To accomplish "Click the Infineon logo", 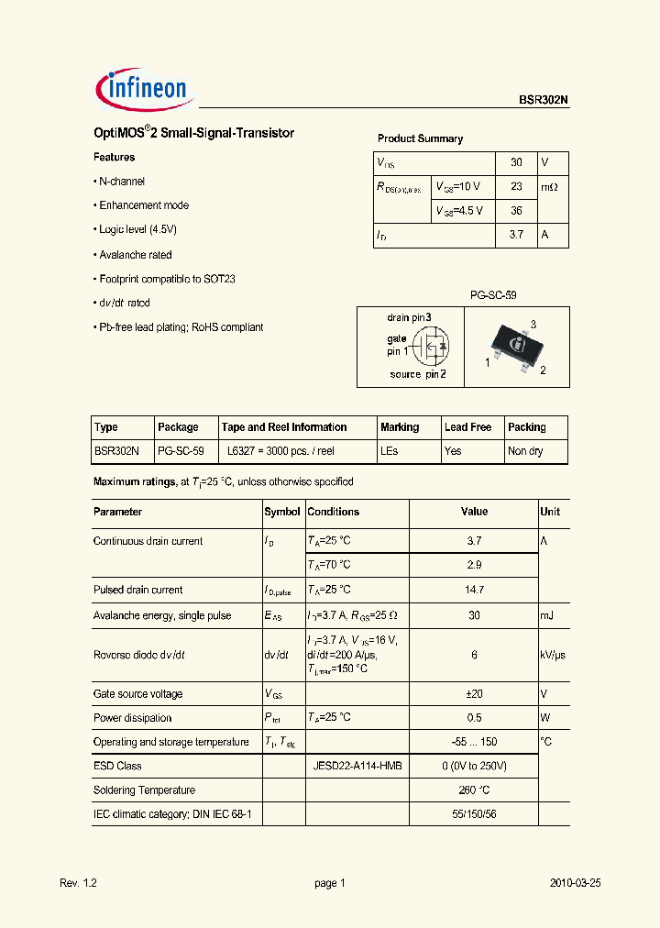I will click(x=142, y=89).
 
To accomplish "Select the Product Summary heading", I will click(x=420, y=138).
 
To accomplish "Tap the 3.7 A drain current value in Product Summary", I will click(x=516, y=235).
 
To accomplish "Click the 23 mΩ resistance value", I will click(x=516, y=186).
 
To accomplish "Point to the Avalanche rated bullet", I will click(x=135, y=255).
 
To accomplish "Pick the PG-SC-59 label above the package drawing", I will click(x=492, y=296).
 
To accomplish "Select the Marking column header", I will click(x=400, y=427).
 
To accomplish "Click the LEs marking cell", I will click(x=389, y=451).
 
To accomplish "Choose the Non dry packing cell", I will click(x=525, y=451).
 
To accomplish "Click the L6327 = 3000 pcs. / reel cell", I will click(x=280, y=451).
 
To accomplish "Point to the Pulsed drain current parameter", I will click(x=137, y=590).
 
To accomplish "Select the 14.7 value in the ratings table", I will click(x=475, y=590).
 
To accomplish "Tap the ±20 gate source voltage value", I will click(x=475, y=694).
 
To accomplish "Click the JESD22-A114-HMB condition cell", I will click(x=357, y=766).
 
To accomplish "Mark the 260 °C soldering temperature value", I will click(x=475, y=790).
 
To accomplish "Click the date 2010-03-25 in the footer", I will click(x=576, y=883).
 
